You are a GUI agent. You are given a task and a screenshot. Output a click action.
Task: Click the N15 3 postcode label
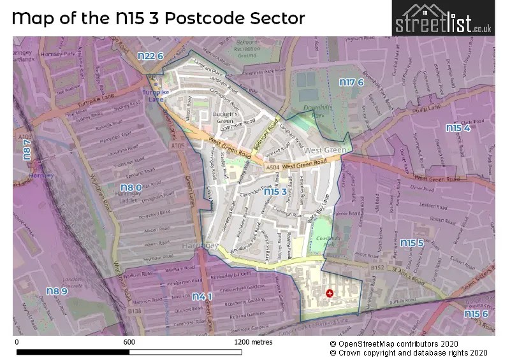pos(275,191)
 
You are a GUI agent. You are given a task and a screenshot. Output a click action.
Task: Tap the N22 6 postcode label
pos(151,56)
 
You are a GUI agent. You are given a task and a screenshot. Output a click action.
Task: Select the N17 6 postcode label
pos(351,82)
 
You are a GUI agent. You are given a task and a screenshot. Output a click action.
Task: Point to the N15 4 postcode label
pos(458,128)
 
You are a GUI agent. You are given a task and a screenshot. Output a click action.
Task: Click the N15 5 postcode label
pos(412,243)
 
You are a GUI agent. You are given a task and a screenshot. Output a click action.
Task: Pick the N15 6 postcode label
pos(476,313)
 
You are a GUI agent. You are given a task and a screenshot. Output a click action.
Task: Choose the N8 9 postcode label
pos(56,291)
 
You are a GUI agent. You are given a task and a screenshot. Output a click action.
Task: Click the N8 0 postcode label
pos(130,187)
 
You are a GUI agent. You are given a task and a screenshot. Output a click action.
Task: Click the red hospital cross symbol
pos(329,293)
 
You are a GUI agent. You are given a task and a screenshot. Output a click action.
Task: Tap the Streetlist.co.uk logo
pos(442,18)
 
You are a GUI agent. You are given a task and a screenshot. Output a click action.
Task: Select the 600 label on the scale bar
pos(129,342)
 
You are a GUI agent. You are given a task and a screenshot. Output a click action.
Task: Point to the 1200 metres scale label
pos(253,342)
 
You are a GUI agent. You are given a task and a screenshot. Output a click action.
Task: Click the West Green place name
pos(324,150)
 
